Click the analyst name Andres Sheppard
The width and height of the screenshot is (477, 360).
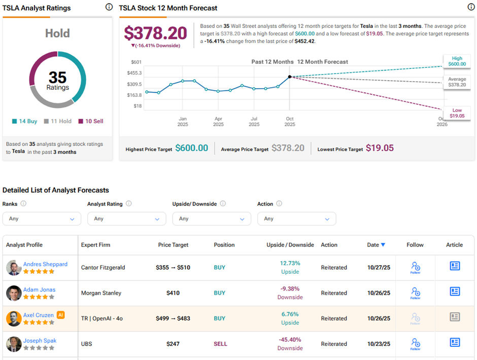click(x=45, y=264)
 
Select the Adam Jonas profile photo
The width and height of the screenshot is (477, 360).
click(x=14, y=293)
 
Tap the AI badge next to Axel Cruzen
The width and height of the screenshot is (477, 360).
click(x=60, y=315)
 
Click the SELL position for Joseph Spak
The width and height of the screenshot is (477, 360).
click(x=221, y=344)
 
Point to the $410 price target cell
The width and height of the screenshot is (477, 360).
click(x=173, y=293)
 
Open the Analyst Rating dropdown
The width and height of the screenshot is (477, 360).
click(x=126, y=219)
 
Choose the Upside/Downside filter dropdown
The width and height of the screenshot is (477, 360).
click(x=212, y=219)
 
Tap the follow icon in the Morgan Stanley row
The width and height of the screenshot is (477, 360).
click(x=415, y=293)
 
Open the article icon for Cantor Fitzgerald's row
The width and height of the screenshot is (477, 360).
click(x=455, y=266)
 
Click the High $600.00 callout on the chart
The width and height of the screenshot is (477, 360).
click(x=457, y=61)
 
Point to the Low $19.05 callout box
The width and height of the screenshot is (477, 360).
click(x=457, y=113)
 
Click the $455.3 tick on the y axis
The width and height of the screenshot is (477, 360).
click(x=134, y=73)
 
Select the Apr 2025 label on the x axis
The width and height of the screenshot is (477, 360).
click(x=218, y=122)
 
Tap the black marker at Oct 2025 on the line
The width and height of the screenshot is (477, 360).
click(x=290, y=77)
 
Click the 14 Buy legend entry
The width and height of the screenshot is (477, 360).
click(x=25, y=121)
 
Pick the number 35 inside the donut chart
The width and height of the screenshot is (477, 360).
click(x=57, y=77)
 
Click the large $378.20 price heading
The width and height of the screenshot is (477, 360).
click(x=156, y=33)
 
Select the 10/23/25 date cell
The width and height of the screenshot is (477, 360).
click(x=379, y=344)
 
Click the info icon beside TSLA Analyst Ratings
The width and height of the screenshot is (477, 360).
click(x=109, y=7)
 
